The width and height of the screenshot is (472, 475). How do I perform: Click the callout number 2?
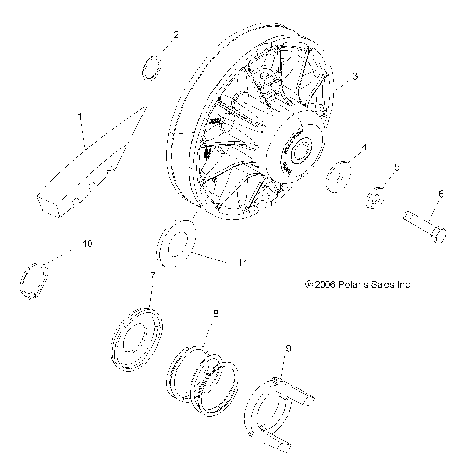[176, 36]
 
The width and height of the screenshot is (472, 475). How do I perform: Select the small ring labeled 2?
[150, 67]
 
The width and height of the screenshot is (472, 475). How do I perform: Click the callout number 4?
[363, 148]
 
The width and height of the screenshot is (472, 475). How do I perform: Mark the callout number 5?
[396, 169]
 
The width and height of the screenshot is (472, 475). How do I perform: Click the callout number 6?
[440, 194]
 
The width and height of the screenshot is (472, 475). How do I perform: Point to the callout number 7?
[151, 277]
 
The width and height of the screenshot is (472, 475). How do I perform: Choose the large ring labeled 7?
[138, 333]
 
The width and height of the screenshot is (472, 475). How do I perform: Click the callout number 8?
[215, 313]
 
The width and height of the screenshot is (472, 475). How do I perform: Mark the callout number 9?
[286, 347]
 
